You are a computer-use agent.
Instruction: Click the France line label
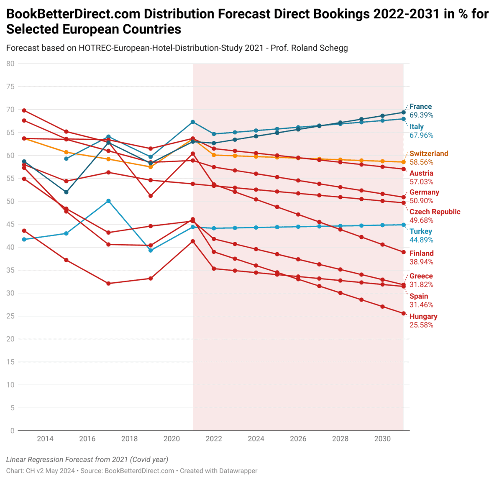point(420,107)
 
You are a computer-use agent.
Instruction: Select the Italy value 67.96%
point(421,135)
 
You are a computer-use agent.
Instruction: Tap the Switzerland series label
point(429,154)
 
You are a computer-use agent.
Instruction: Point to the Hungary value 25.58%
point(421,325)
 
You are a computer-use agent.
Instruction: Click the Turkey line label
point(420,231)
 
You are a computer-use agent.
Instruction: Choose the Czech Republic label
point(435,212)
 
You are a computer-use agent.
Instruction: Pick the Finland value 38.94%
point(421,262)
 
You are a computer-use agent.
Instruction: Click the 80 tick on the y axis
point(10,64)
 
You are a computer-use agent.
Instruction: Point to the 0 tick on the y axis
point(13,431)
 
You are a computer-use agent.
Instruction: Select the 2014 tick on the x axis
point(45,439)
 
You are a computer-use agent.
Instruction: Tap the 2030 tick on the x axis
point(382,439)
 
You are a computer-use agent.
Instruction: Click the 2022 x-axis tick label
point(214,439)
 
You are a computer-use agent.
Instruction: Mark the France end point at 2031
point(403,112)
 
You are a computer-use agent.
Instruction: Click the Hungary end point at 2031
point(403,313)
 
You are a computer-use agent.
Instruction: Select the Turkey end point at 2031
point(403,225)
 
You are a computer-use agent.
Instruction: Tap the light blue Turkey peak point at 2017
point(108,201)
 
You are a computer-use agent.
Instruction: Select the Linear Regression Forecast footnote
point(87,459)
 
